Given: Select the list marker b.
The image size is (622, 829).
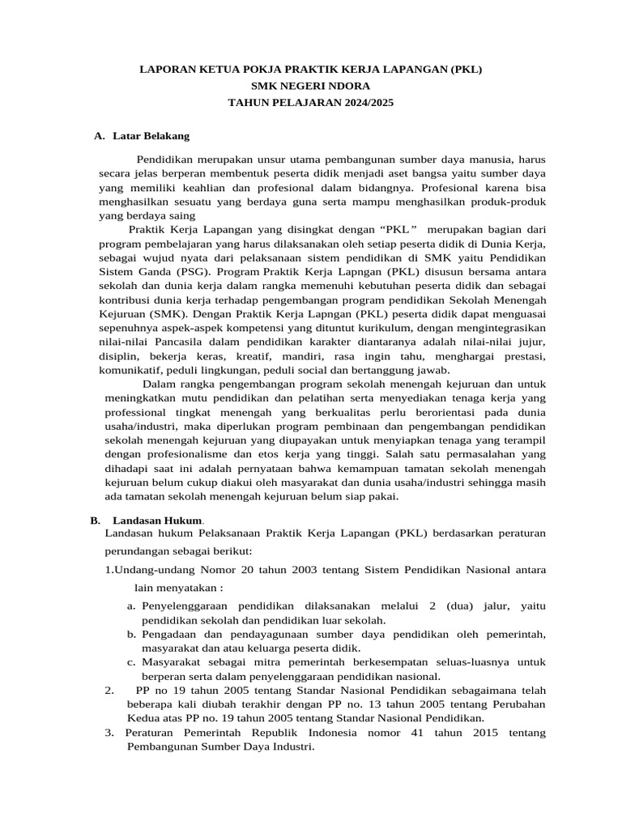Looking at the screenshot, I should tap(131, 634).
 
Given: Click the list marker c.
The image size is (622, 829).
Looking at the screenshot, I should tap(131, 662).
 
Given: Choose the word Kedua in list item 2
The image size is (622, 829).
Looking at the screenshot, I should tap(143, 718).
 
